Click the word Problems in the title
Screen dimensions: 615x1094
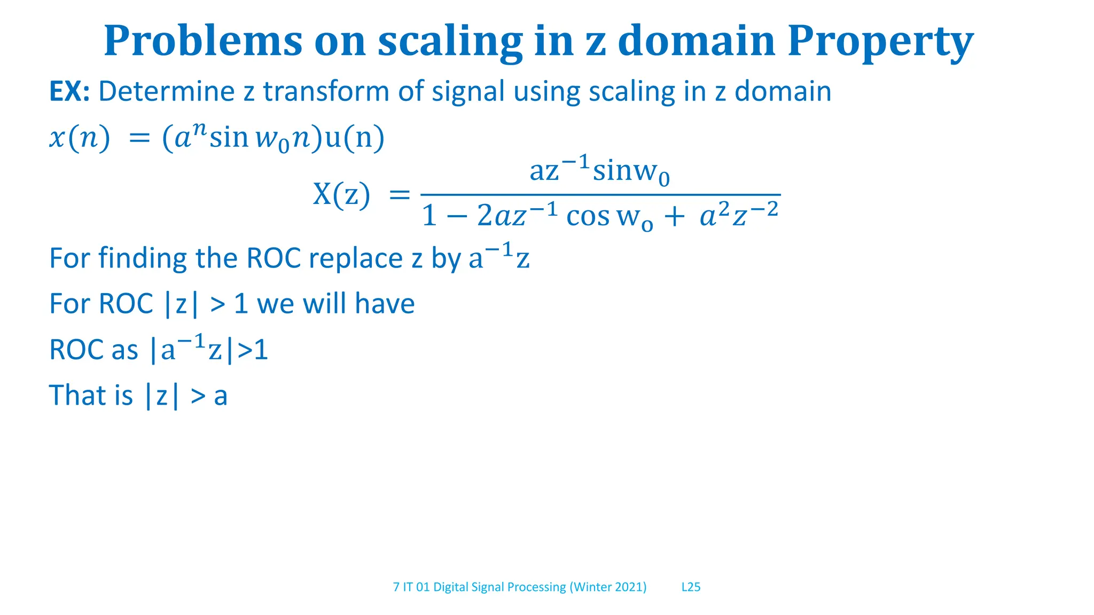point(203,42)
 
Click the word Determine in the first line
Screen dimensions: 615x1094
point(166,91)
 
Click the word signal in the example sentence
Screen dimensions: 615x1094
point(468,91)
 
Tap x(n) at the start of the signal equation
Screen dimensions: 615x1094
point(80,138)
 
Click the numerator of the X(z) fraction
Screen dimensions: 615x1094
point(599,171)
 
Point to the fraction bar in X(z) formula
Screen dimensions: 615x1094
point(600,195)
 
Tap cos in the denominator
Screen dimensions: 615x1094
point(588,217)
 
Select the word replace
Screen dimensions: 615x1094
point(355,259)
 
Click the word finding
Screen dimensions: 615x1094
point(142,258)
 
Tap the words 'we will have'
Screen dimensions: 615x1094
point(335,304)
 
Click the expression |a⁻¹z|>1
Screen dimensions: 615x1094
point(208,350)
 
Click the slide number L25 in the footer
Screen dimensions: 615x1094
point(691,587)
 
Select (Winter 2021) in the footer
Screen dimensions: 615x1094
point(608,587)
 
